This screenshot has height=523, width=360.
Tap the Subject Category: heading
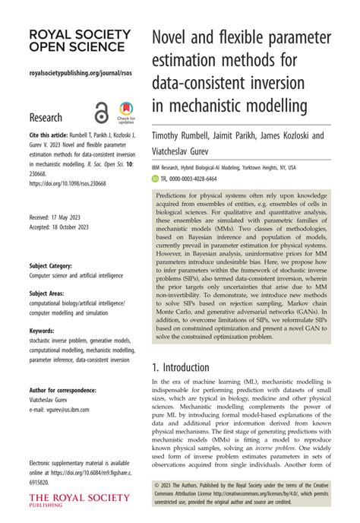tap(51, 266)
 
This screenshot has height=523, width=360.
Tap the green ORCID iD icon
tap(156, 178)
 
